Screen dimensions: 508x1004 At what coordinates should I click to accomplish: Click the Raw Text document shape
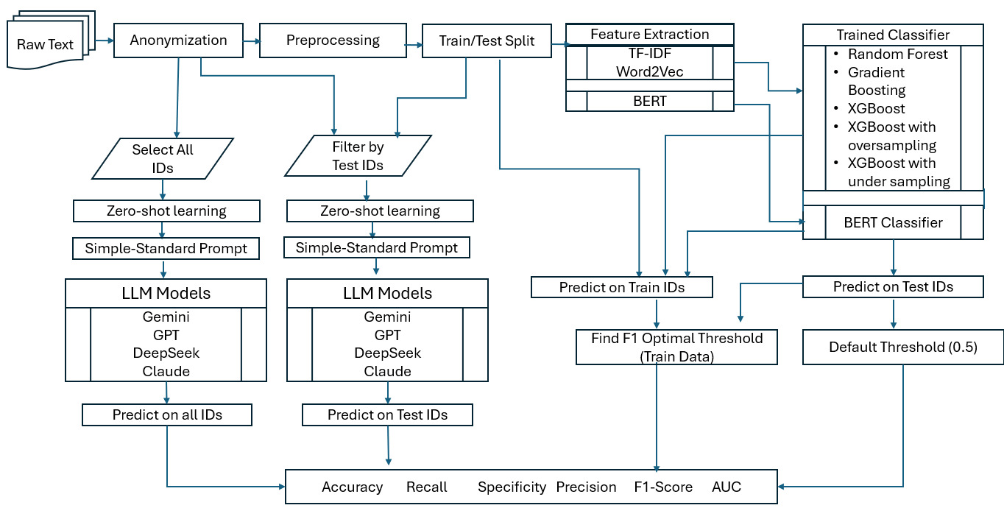(46, 44)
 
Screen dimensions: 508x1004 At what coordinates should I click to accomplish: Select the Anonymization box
(178, 40)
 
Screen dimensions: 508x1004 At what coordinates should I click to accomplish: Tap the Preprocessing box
(333, 40)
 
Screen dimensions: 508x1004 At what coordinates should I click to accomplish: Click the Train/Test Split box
(487, 40)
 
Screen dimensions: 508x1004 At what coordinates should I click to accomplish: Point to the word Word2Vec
(650, 71)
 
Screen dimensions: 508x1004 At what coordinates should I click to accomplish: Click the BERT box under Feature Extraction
(650, 101)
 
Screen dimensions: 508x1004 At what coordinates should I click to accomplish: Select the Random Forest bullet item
(897, 54)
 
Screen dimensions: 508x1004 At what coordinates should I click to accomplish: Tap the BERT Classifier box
(892, 222)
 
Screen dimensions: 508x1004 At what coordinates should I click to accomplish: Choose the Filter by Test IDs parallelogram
(358, 156)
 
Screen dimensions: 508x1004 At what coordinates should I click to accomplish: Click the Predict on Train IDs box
(622, 287)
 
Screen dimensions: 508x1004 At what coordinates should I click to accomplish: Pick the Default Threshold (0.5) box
(902, 348)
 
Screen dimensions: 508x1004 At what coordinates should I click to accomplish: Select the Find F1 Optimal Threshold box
(676, 347)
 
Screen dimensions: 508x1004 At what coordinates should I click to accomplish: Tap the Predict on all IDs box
(167, 415)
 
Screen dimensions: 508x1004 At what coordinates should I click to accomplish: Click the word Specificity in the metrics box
(512, 487)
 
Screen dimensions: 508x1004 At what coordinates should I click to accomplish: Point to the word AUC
(727, 487)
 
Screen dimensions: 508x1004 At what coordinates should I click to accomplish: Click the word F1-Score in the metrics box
(663, 487)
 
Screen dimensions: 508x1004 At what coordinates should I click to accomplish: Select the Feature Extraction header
(650, 35)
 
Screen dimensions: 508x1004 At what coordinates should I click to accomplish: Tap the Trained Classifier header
(892, 35)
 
